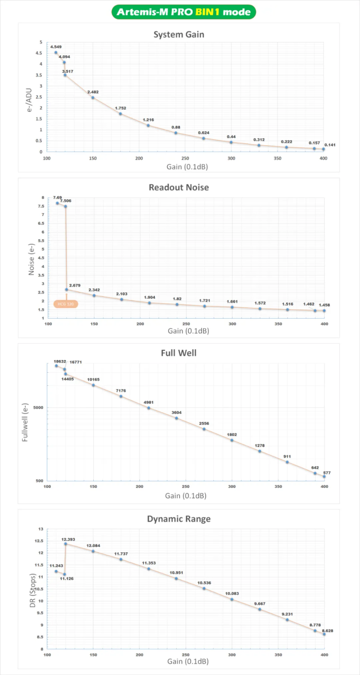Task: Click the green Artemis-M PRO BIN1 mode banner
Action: point(184,12)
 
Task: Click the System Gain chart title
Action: point(179,34)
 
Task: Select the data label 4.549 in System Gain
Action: point(56,47)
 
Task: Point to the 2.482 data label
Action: point(93,92)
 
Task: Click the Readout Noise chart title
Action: point(179,187)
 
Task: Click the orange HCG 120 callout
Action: point(66,304)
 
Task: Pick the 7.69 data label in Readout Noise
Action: point(57,197)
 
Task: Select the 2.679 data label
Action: point(75,285)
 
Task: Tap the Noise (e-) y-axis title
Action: point(31,258)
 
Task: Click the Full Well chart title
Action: point(179,352)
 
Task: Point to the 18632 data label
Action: point(57,360)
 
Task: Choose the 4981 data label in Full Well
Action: point(149,402)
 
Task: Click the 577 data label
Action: point(327,473)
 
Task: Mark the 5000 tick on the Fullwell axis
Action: point(37,408)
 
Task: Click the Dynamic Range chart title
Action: point(179,518)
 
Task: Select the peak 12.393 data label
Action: point(68,540)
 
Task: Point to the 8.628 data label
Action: point(328,631)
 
